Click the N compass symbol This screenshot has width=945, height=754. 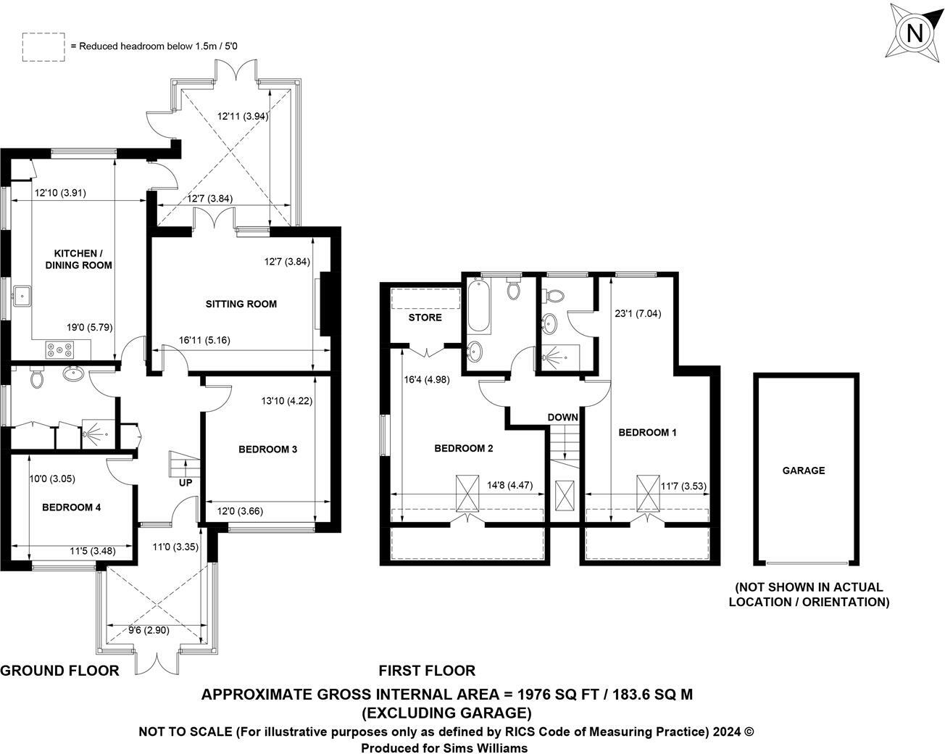click(x=915, y=33)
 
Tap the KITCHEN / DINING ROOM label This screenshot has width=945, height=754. click(x=83, y=260)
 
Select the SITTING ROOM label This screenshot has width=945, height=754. click(x=241, y=304)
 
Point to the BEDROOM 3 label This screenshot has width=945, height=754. click(x=268, y=449)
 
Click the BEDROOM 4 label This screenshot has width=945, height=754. click(x=71, y=507)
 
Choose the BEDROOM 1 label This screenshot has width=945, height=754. click(x=647, y=433)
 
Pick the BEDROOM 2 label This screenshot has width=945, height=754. click(x=464, y=449)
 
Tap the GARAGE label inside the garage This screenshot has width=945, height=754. click(x=804, y=471)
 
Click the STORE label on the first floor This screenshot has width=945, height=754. click(x=425, y=318)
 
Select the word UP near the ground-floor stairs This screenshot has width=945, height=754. click(x=186, y=483)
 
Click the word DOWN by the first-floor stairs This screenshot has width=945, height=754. click(x=562, y=418)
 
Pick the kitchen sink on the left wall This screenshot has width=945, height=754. click(x=22, y=295)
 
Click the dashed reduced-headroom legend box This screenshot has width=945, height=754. click(x=43, y=46)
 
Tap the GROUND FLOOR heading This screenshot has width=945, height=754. click(x=59, y=671)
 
